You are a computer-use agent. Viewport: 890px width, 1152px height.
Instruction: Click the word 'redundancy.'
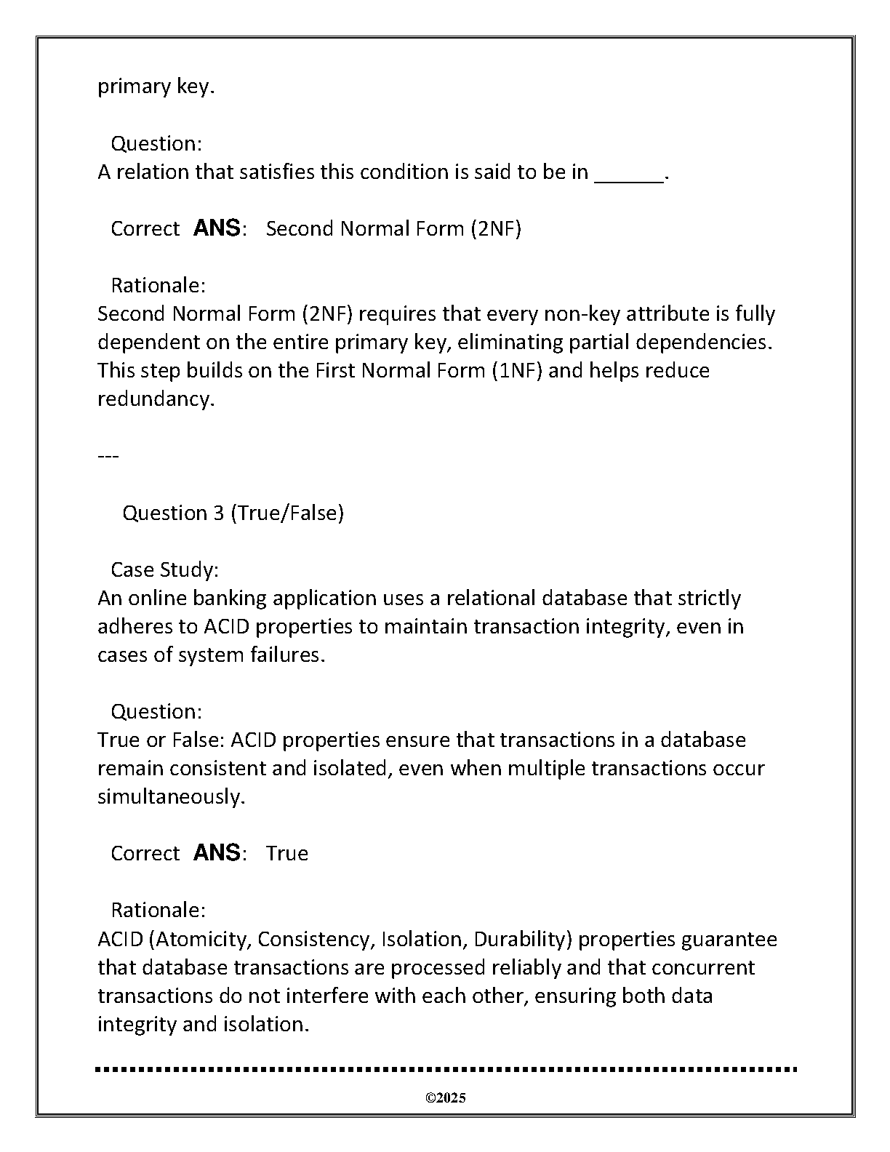pyautogui.click(x=156, y=399)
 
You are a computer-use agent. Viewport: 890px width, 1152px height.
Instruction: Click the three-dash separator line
pyautogui.click(x=108, y=456)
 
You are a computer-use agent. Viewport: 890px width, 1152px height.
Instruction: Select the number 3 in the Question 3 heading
pyautogui.click(x=218, y=513)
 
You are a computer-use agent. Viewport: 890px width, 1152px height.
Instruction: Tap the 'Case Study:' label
pyautogui.click(x=164, y=569)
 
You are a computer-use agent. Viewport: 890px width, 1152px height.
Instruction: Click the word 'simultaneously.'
pyautogui.click(x=172, y=797)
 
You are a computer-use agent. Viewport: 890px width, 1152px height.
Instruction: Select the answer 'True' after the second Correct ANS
pyautogui.click(x=286, y=854)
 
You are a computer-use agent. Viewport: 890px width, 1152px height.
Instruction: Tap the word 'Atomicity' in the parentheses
pyautogui.click(x=202, y=940)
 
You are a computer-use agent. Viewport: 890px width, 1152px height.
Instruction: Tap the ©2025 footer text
pyautogui.click(x=445, y=1098)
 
